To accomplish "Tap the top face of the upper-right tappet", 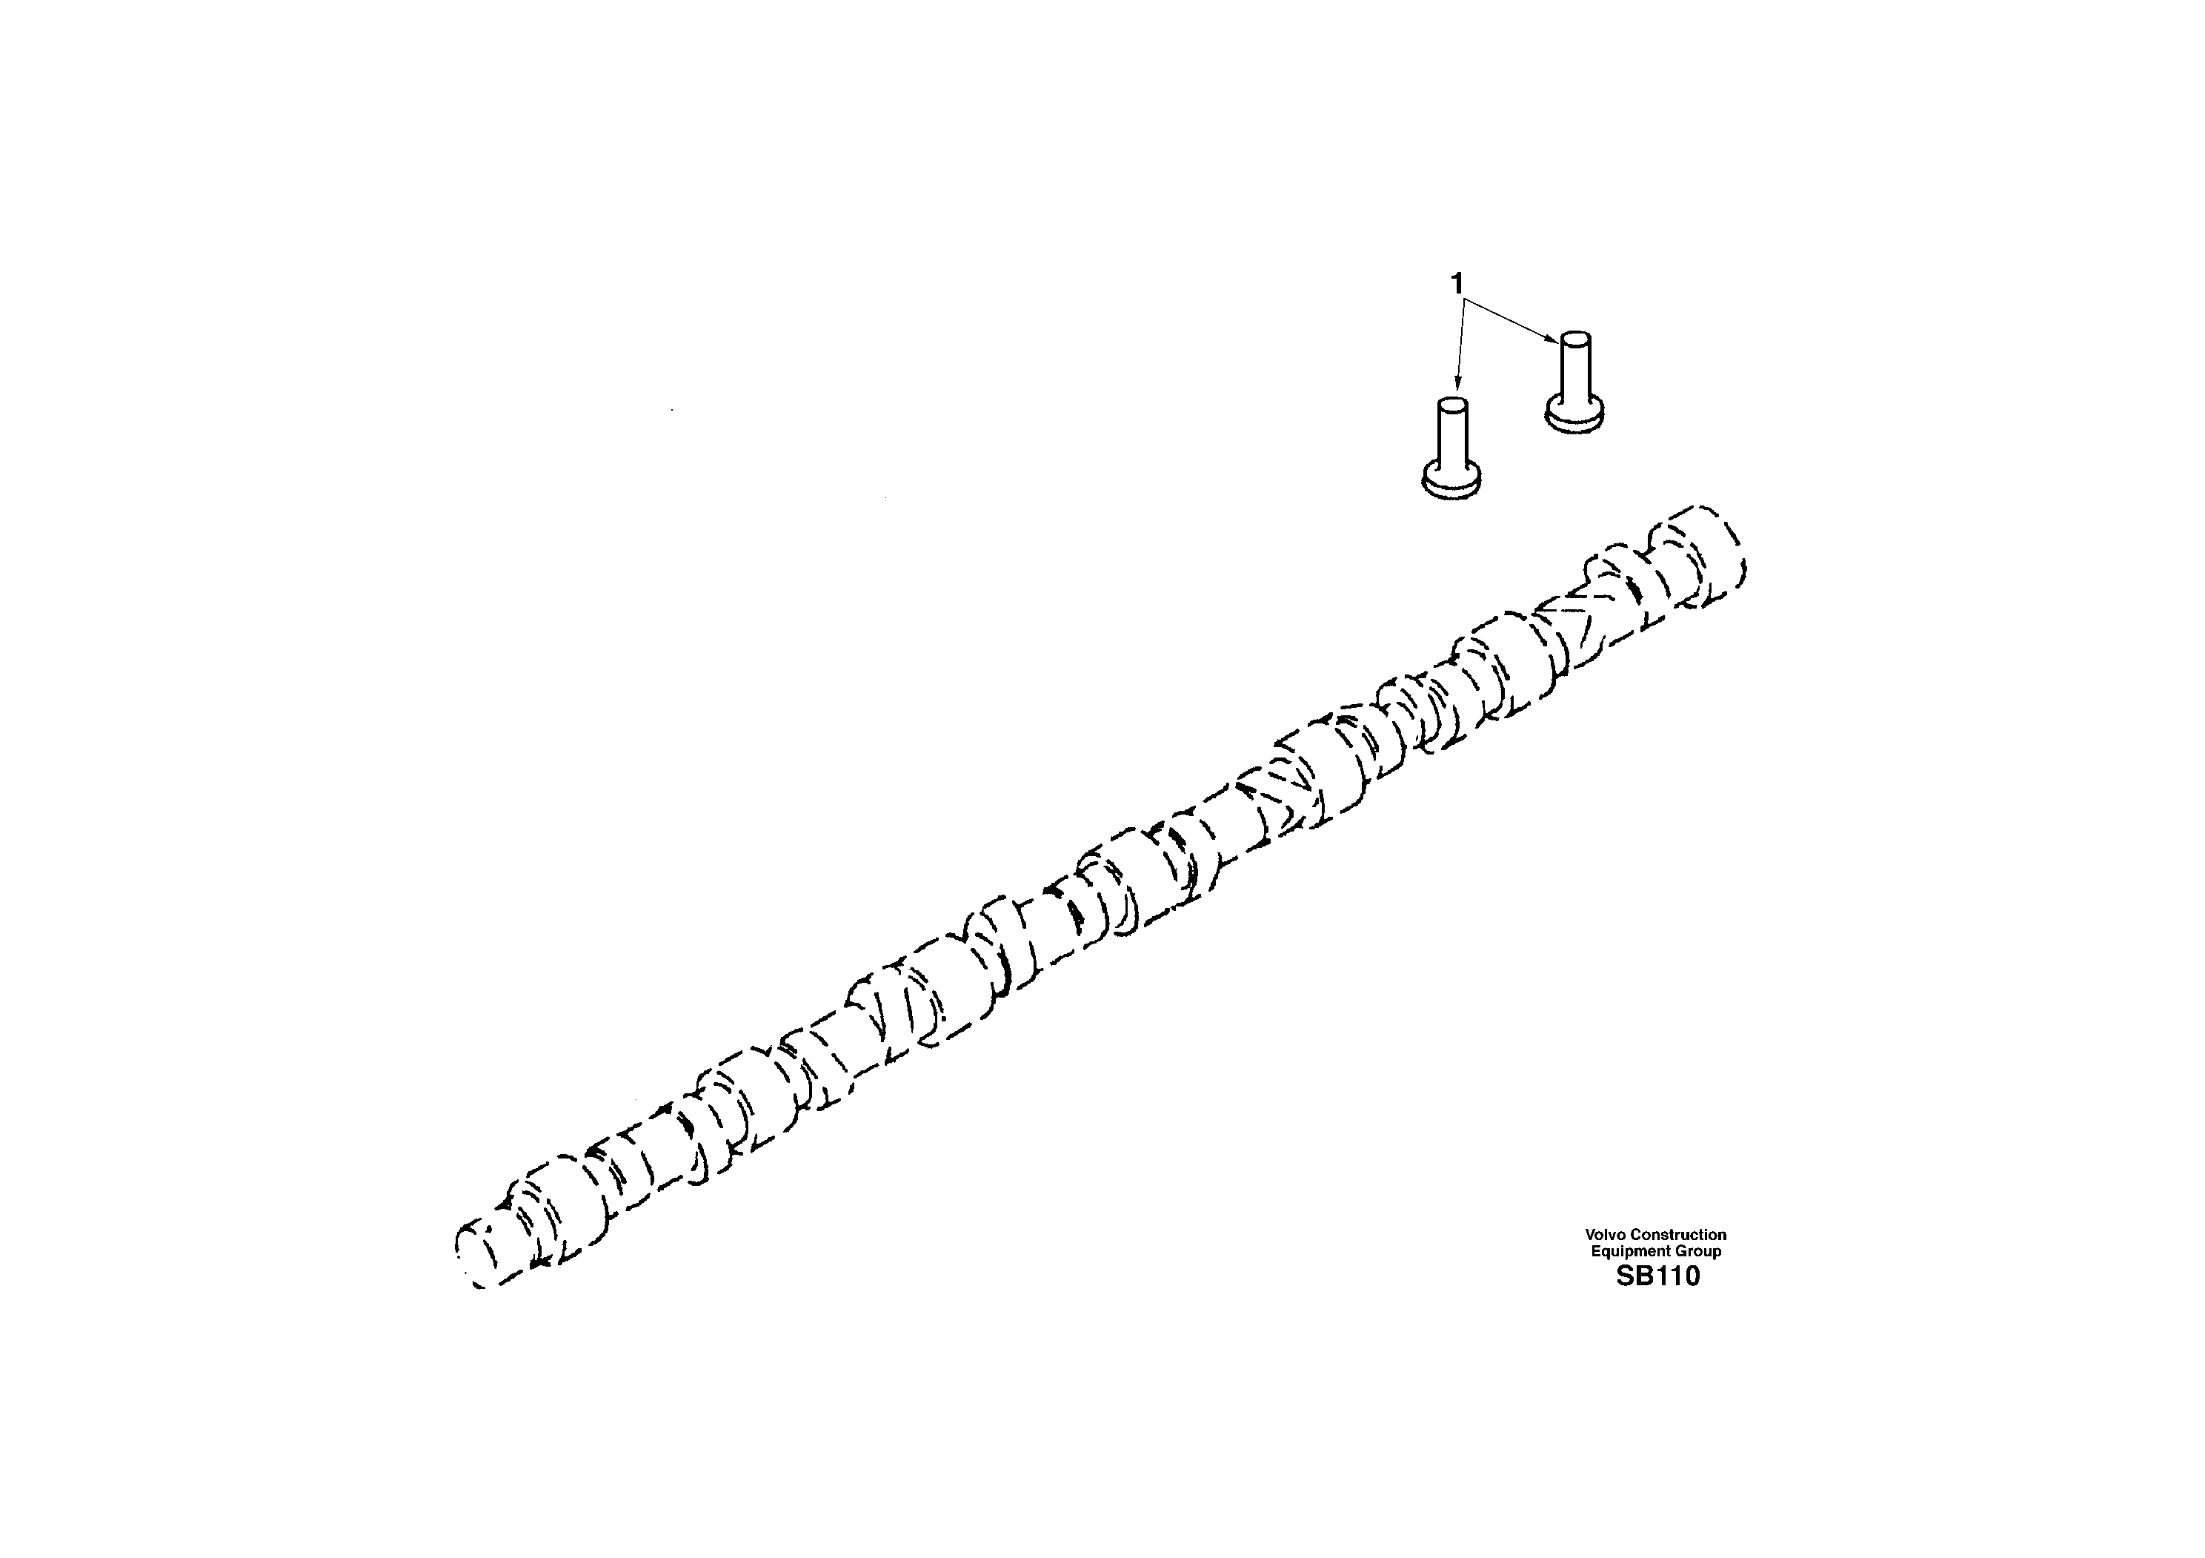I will click(1576, 339).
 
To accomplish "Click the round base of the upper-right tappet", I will click(1575, 416).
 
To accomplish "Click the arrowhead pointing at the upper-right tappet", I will click(1553, 339).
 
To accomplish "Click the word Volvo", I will click(1606, 1234).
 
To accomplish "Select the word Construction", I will click(1680, 1234).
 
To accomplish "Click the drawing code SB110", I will click(1657, 1276).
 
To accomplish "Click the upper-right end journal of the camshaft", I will click(1697, 557).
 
